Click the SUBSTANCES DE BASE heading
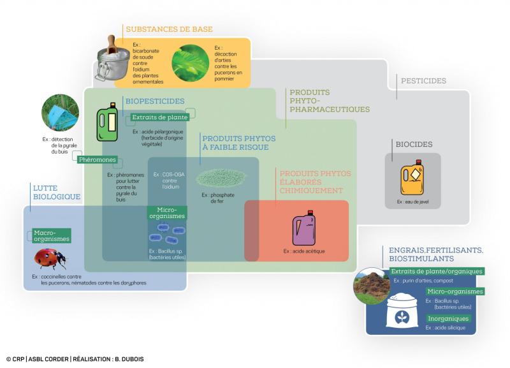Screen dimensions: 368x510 pos(169,29)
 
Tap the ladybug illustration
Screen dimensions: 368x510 pos(50,258)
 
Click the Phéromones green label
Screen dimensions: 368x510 pos(98,159)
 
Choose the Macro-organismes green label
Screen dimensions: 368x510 pos(51,236)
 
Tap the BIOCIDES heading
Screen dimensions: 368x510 pos(414,145)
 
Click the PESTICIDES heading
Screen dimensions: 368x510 pos(423,81)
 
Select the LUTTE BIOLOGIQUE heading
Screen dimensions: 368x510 pos(56,192)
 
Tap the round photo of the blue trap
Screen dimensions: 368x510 pos(60,114)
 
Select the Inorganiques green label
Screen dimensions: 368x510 pos(448,318)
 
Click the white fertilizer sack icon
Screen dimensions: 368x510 pos(400,312)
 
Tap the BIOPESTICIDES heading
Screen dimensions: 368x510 pos(155,101)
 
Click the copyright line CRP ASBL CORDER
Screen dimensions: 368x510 pos(75,359)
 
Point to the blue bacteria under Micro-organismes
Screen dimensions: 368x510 pos(166,234)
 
